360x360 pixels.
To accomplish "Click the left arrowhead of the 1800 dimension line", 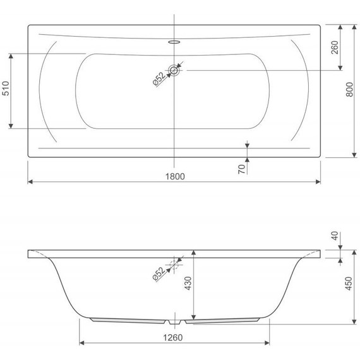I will (30, 181).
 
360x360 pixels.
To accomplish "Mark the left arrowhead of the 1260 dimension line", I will (82, 344).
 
